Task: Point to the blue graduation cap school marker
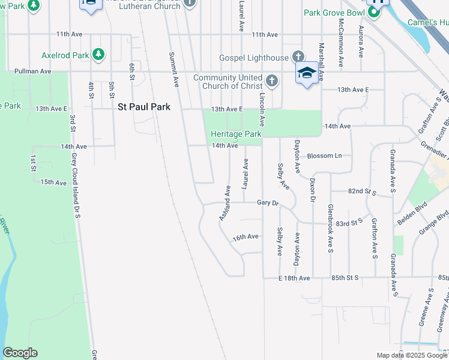click(x=307, y=73)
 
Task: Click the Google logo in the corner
click(x=20, y=353)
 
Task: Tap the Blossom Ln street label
click(x=324, y=155)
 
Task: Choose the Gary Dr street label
click(x=268, y=203)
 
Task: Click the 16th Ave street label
click(x=246, y=237)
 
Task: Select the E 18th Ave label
click(x=294, y=278)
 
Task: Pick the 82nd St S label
click(x=361, y=191)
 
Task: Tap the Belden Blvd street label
click(x=411, y=214)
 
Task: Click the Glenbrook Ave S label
click(x=330, y=228)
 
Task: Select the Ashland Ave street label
click(x=224, y=202)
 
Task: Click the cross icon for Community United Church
click(x=271, y=80)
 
